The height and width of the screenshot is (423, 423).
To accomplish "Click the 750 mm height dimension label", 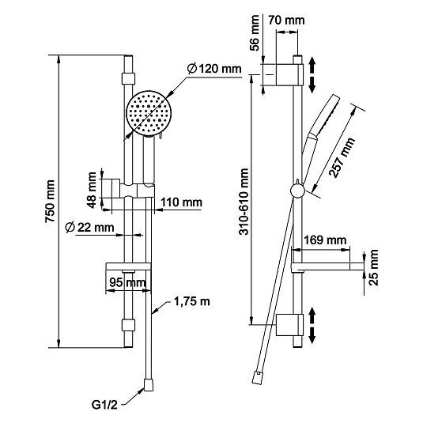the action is tap(50, 202).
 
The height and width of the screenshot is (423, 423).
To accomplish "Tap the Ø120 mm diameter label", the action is tap(214, 69).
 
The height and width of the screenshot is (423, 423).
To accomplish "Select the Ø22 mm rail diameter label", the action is tap(90, 228).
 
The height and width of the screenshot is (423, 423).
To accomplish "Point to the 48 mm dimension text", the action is tap(92, 191).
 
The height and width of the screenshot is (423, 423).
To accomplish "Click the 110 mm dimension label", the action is tap(181, 202).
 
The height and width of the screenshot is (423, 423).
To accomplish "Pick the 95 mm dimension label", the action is tap(127, 283).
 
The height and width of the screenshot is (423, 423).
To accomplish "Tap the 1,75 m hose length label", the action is tap(192, 301).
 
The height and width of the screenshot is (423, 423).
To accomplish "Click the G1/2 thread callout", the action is tap(104, 405).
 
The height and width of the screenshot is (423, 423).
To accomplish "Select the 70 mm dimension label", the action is tap(286, 21).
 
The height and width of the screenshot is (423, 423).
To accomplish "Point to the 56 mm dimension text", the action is tap(255, 33).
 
